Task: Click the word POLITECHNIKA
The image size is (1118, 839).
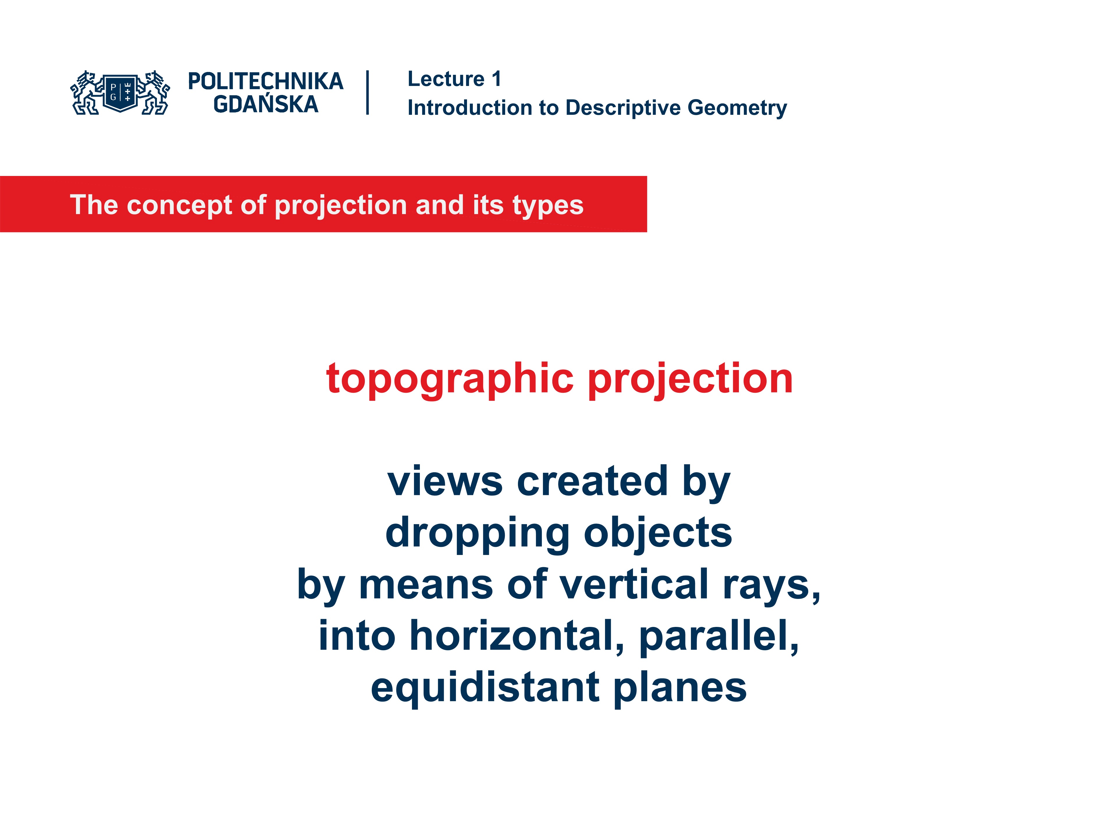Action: [x=265, y=81]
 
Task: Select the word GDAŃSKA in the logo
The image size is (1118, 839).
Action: [x=265, y=105]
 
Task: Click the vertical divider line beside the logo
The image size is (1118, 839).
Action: [x=367, y=93]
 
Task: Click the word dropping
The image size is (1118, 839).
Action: [x=478, y=533]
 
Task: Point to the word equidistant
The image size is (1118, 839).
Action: [x=485, y=688]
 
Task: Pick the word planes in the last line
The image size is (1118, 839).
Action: [x=680, y=688]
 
